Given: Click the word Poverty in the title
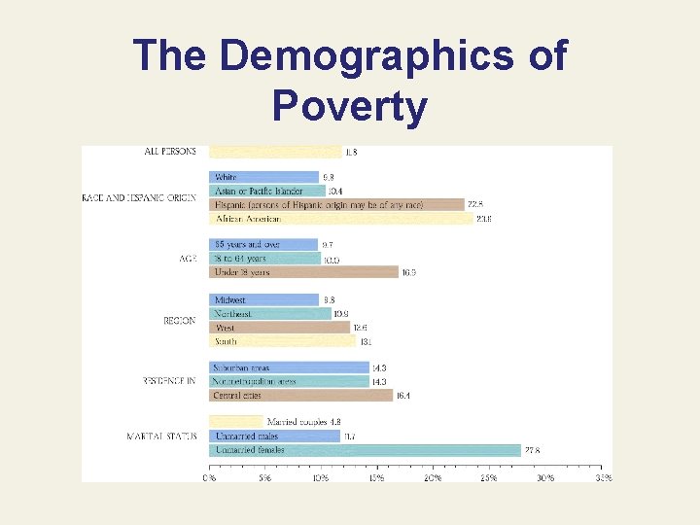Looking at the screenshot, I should (x=350, y=108).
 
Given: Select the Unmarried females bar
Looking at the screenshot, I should (x=365, y=450).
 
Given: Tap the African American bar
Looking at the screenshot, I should (x=340, y=219).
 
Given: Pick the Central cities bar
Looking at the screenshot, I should (x=301, y=396).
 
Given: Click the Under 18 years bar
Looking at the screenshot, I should (x=303, y=272).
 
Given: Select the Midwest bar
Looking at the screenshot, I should (x=263, y=300).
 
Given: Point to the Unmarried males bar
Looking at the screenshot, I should (x=274, y=437).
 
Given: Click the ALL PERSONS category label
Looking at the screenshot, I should (x=170, y=152).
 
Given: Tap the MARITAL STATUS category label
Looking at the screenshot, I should (x=161, y=437).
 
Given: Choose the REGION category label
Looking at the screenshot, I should (x=180, y=321).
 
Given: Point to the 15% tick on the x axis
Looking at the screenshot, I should (x=377, y=478).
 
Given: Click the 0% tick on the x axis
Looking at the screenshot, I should (x=209, y=478).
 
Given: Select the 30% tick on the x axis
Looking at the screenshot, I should (x=546, y=478).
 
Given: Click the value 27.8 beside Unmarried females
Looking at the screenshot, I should (x=534, y=450).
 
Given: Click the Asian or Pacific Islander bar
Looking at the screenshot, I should (x=266, y=192).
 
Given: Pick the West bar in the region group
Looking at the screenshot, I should (x=279, y=328).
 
